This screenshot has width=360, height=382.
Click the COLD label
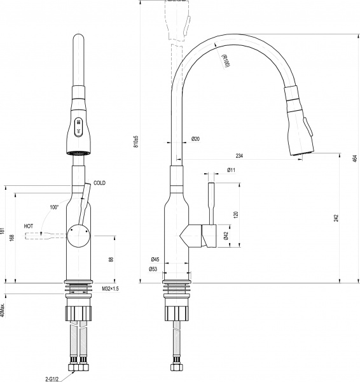coord(99,183)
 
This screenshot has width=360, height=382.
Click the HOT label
coord(29,226)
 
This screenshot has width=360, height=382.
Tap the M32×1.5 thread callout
coord(110,289)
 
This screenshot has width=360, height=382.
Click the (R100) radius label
coord(225,62)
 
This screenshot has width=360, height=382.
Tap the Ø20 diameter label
coord(195,139)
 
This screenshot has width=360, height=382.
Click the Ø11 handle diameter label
coord(231,170)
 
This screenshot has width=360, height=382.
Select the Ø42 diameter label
coord(226,236)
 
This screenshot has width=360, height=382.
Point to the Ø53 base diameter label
coord(153,269)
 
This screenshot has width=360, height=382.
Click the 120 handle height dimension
coord(236,215)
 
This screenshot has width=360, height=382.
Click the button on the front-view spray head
coord(78,126)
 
